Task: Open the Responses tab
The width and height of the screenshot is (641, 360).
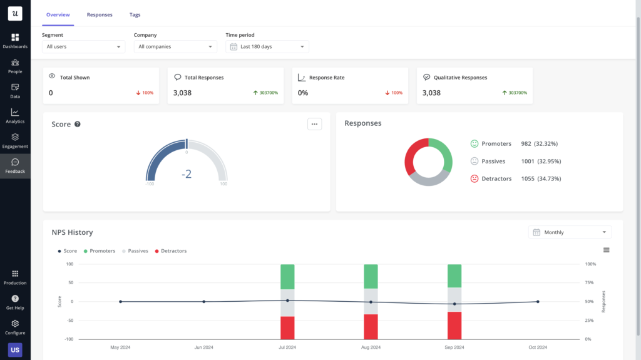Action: pyautogui.click(x=100, y=14)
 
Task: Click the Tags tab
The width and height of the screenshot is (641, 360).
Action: pyautogui.click(x=135, y=14)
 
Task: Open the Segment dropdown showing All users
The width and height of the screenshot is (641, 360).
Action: pyautogui.click(x=83, y=46)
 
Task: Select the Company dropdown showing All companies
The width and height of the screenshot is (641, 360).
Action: pyautogui.click(x=175, y=46)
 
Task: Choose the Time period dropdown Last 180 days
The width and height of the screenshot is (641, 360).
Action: pyautogui.click(x=267, y=46)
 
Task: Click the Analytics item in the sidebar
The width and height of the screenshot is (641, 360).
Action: pyautogui.click(x=15, y=116)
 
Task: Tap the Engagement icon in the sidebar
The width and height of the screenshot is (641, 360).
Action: pyautogui.click(x=15, y=137)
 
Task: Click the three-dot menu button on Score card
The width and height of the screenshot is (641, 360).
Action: pyautogui.click(x=314, y=124)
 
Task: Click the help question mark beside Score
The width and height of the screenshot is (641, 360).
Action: pyautogui.click(x=78, y=124)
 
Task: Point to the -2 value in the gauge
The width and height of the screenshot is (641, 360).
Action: pyautogui.click(x=187, y=174)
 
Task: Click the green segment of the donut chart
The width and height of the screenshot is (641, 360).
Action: pyautogui.click(x=442, y=153)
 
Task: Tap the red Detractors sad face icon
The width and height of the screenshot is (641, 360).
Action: pyautogui.click(x=474, y=178)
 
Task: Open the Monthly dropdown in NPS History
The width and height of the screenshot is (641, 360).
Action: pyautogui.click(x=570, y=232)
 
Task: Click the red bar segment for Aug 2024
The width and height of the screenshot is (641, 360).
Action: pyautogui.click(x=371, y=326)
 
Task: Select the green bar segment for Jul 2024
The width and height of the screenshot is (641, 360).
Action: pyautogui.click(x=287, y=276)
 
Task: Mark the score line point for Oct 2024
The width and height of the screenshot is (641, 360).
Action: pyautogui.click(x=538, y=302)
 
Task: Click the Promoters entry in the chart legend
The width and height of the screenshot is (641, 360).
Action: pyautogui.click(x=99, y=251)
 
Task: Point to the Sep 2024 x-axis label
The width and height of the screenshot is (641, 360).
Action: pyautogui.click(x=454, y=347)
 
